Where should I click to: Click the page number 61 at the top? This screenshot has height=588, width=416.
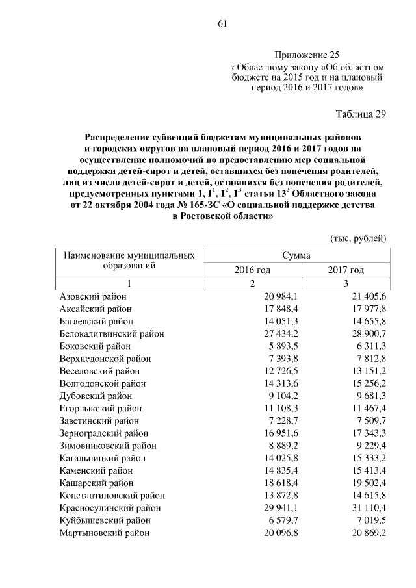coord(221,25)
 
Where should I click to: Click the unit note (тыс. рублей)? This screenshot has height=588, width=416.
coord(359,238)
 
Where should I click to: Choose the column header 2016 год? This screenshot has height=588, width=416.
coord(252,270)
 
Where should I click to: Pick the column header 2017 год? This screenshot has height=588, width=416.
coord(345,270)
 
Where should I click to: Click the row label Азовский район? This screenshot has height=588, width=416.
coord(92,296)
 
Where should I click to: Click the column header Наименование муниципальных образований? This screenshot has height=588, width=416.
coord(128,261)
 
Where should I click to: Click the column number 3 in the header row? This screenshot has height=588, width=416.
coord(345,283)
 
